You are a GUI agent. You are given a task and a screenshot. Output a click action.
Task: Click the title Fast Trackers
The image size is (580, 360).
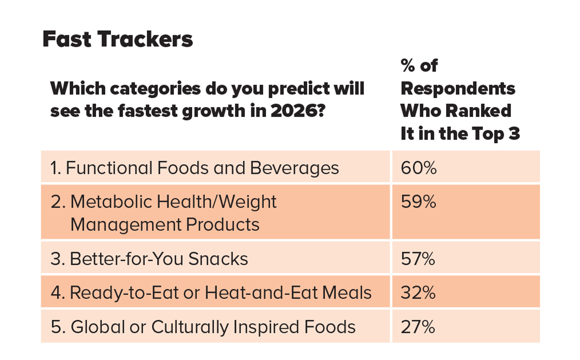(x=118, y=39)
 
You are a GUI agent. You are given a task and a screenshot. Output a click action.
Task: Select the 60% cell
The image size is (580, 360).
(x=418, y=168)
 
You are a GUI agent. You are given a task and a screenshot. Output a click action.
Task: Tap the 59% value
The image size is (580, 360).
(x=418, y=202)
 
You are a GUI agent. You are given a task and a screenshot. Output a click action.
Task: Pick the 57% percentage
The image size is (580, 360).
(x=418, y=259)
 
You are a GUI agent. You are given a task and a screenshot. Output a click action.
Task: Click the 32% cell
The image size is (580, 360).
(x=418, y=292)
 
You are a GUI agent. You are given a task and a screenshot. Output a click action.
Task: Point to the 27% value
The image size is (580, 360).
(x=418, y=327)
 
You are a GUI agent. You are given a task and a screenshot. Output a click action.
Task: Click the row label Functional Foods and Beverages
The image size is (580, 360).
(x=195, y=168)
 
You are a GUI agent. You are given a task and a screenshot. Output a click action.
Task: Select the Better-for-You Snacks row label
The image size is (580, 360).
(x=149, y=259)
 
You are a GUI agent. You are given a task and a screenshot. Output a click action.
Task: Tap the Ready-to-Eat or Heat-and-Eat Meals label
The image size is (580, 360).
(x=211, y=292)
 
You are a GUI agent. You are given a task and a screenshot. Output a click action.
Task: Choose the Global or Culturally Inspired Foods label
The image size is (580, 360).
(x=203, y=327)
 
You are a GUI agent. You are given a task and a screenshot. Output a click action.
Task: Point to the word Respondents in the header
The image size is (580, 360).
(x=458, y=88)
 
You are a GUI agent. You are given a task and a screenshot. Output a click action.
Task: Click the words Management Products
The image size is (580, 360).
(x=165, y=225)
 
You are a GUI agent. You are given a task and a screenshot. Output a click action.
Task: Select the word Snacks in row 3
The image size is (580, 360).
(x=218, y=259)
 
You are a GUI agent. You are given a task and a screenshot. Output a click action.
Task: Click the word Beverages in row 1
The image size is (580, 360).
(x=294, y=168)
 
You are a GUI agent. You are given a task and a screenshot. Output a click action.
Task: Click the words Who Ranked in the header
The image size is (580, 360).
(x=456, y=111)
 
